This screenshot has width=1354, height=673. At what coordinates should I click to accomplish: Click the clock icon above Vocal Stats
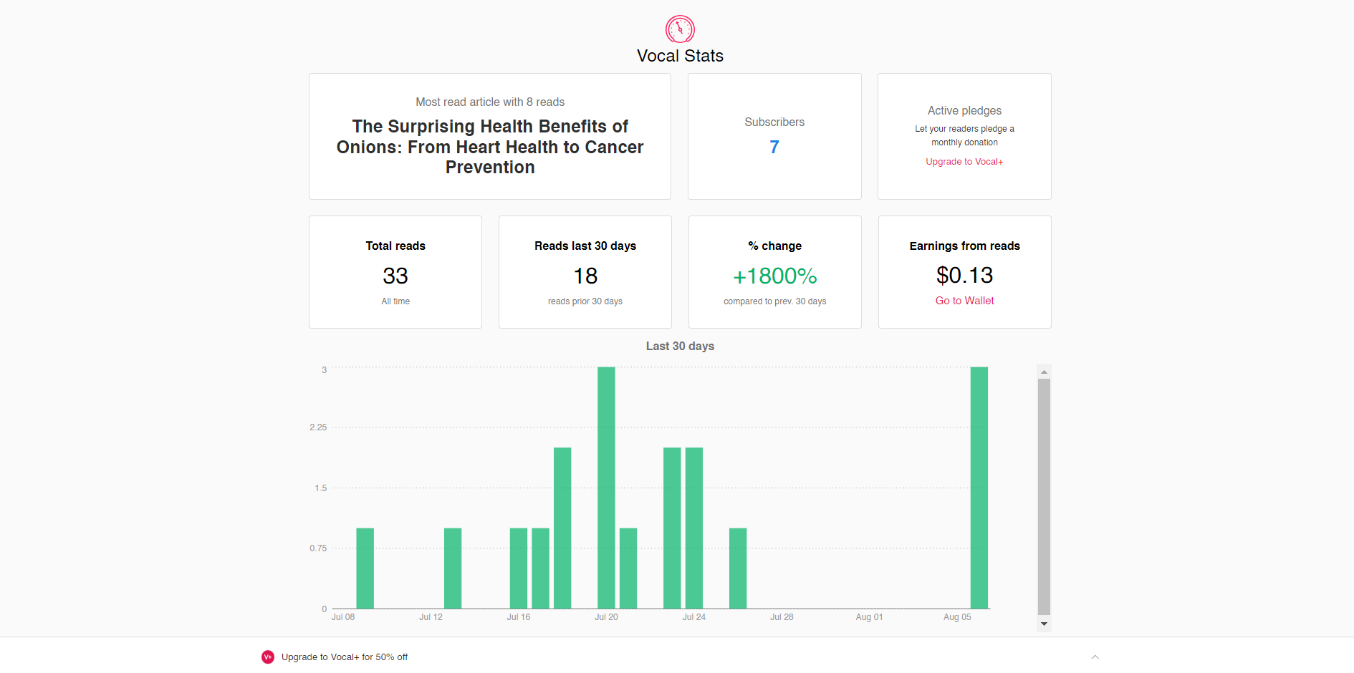point(680,29)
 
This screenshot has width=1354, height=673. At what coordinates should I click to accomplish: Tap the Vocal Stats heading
point(680,56)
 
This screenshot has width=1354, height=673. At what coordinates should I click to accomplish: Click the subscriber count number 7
point(774,147)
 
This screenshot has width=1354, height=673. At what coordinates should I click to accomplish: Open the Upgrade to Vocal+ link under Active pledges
point(964,162)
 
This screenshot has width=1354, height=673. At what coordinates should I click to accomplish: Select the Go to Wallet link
point(964,301)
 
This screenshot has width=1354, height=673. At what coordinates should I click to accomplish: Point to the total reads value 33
point(395,276)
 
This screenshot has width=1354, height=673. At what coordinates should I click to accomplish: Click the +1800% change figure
point(774,276)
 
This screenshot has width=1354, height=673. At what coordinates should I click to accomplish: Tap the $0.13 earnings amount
point(964,275)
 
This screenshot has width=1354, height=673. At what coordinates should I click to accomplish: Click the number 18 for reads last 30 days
point(585,276)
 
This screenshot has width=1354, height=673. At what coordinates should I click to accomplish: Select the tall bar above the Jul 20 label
point(606,488)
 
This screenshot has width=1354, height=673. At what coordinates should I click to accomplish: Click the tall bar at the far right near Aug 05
point(979,488)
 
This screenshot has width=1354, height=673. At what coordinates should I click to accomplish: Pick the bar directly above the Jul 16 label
point(519,568)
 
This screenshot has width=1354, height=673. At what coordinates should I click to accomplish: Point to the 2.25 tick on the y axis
point(318,427)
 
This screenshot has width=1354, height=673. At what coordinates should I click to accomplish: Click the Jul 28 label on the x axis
point(782,617)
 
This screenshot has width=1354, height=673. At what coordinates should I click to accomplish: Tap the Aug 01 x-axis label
point(869,617)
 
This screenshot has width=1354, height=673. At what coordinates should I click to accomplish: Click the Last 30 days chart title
point(680,346)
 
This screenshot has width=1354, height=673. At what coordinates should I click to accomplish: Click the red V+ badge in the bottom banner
point(268,657)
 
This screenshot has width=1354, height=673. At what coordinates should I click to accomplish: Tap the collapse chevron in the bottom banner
point(1095,657)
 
